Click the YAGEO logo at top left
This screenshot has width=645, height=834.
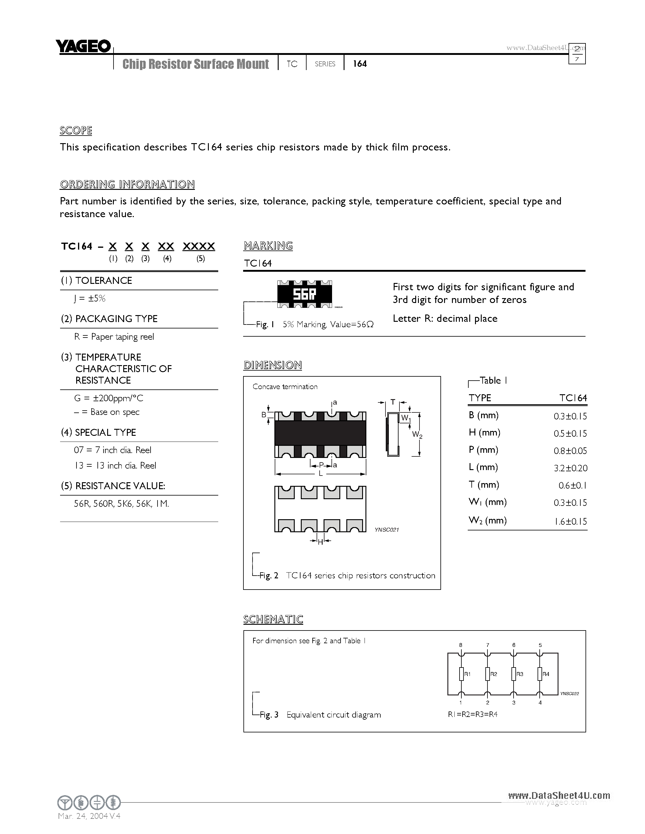coord(83,47)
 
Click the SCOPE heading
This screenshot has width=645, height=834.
coord(76,131)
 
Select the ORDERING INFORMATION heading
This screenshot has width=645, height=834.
coord(127,184)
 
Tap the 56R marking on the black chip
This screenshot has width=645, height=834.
coord(304,294)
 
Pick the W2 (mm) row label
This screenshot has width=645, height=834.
coord(487,520)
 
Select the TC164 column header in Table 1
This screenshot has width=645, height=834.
coord(573,398)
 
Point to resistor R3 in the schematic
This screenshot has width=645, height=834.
coord(514,674)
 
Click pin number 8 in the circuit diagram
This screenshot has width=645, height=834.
coord(461,645)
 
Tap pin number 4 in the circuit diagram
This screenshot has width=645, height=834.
coord(540,703)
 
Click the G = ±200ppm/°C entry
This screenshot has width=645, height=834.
coord(109,398)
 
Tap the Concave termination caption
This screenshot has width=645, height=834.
coord(285,386)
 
